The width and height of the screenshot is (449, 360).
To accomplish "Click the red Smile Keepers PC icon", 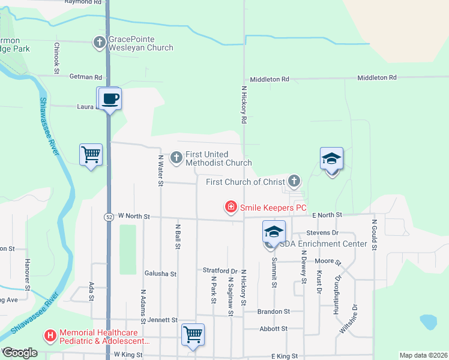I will [230, 208].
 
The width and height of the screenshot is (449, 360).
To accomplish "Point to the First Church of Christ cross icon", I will [294, 181].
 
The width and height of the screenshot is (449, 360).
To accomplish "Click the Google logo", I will [20, 353].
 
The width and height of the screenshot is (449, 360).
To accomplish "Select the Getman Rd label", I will [86, 77].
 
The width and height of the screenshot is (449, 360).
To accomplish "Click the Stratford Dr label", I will [221, 271].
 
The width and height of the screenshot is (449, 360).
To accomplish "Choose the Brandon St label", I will [274, 312].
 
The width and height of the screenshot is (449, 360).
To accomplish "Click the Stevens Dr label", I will [322, 232].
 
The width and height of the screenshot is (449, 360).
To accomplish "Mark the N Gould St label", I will [373, 236].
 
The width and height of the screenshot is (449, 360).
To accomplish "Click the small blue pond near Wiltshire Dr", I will [429, 322].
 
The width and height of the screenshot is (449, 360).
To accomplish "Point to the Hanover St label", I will [27, 272].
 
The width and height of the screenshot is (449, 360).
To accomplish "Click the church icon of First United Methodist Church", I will [176, 158].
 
